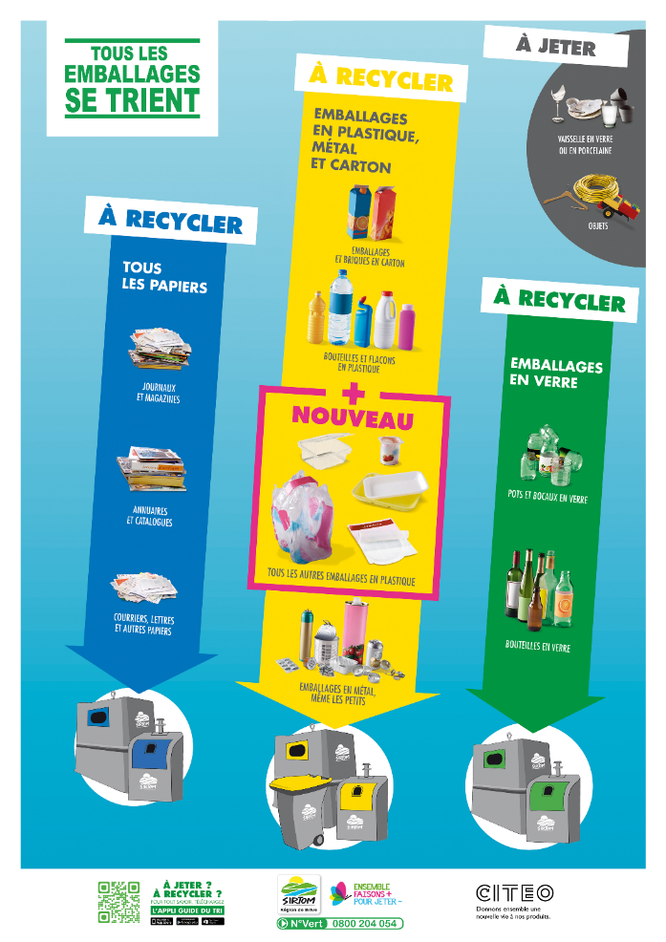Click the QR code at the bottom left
(x=119, y=901)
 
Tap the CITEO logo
(x=514, y=893)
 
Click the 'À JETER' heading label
(x=555, y=47)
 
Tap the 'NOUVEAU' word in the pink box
(x=353, y=417)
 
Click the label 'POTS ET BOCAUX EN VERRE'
(x=548, y=499)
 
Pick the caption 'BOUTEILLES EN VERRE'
(x=537, y=647)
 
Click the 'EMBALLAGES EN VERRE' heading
(x=556, y=374)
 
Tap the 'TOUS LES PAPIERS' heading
(x=164, y=277)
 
